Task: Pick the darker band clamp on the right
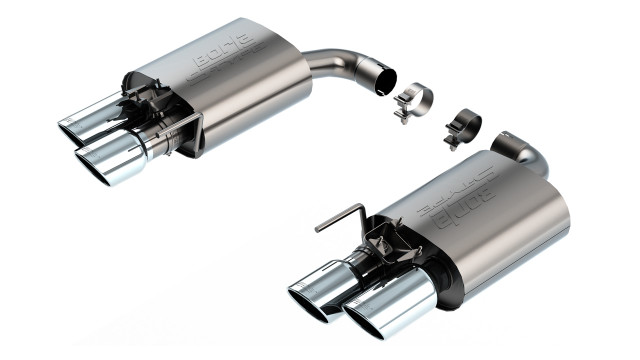pos(464,125)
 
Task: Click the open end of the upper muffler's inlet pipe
pos(384,81)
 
